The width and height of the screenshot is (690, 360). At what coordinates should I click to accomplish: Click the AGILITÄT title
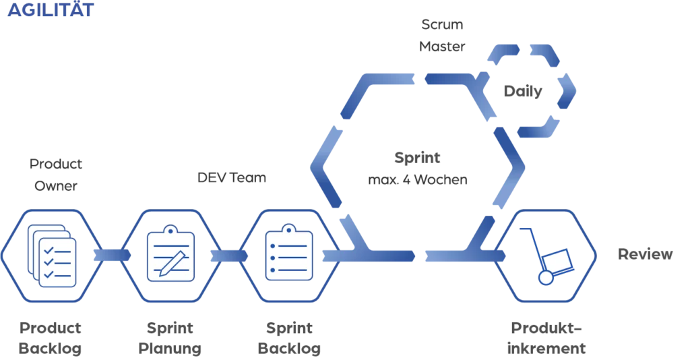(51, 11)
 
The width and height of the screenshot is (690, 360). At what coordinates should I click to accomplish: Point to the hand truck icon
(550, 257)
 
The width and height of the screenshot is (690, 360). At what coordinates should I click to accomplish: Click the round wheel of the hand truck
(545, 277)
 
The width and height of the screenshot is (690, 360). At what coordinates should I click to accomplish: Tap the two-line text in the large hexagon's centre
(418, 169)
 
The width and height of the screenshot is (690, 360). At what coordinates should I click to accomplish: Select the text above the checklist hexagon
(57, 173)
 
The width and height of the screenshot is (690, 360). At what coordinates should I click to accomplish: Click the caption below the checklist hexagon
(51, 338)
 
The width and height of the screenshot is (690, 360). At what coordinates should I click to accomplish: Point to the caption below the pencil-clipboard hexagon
(170, 338)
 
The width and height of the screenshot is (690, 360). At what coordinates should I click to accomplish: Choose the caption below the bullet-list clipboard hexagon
(288, 338)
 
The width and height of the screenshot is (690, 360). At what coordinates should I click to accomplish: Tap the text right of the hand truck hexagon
(644, 256)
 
